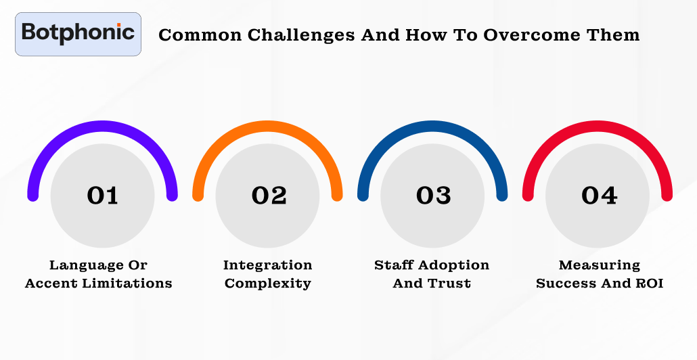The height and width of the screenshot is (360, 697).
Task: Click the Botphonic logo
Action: coord(78,33)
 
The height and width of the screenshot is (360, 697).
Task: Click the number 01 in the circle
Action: coord(103,196)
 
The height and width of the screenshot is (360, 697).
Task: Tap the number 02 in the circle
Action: coord(269,196)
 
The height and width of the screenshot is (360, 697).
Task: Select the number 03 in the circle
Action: coord(433,196)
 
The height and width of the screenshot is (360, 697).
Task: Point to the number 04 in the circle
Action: coord(599,196)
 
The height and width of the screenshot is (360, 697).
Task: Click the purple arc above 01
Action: coord(103,127)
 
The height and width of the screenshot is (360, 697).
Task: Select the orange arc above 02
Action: coord(268,127)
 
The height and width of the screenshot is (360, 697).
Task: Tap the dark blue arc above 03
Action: coord(432,127)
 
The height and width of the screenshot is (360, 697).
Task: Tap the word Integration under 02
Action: coord(268,265)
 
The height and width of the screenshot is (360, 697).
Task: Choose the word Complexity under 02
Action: coord(268,284)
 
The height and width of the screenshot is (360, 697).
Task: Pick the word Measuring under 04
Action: coord(600,265)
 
